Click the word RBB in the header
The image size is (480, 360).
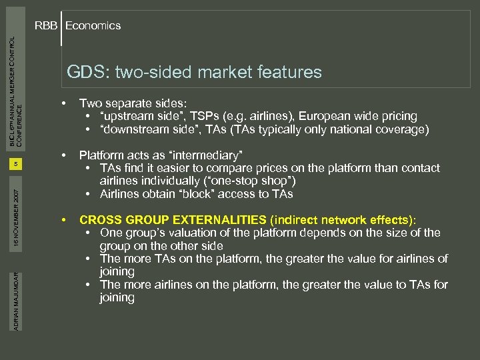[47, 26]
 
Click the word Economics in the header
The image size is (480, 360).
[93, 26]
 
